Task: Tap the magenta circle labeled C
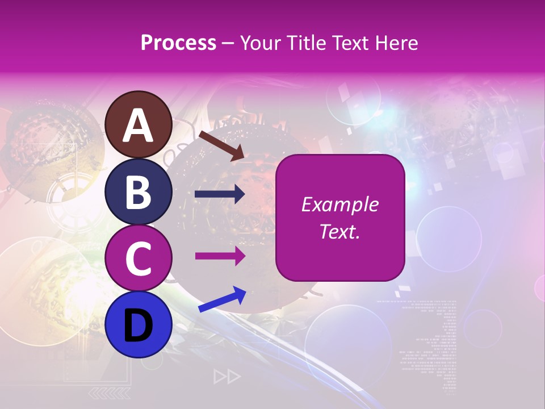138,258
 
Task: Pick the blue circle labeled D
138,324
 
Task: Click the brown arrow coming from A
221,145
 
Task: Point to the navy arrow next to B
220,195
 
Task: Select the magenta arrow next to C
220,256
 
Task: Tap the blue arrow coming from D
222,299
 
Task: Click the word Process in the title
178,43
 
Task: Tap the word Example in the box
339,204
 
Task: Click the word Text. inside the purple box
339,231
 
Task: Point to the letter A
138,126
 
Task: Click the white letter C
138,258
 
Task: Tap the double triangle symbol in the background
227,376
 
